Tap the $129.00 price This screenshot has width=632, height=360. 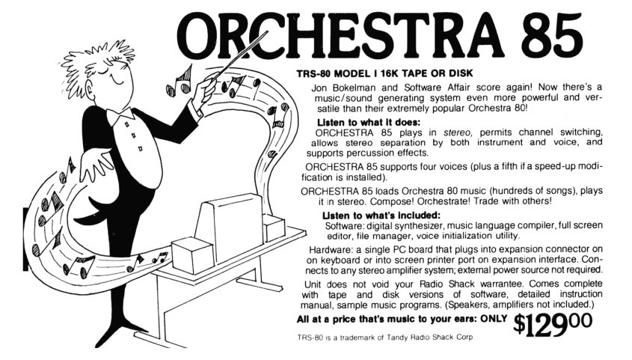click(x=553, y=324)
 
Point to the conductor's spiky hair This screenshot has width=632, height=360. click(x=99, y=61)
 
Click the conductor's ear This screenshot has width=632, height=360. click(x=89, y=88)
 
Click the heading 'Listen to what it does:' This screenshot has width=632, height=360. click(x=369, y=122)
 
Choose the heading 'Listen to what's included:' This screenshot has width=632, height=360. click(x=381, y=215)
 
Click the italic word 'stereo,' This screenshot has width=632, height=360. click(x=458, y=132)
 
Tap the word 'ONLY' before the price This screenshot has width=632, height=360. click(x=494, y=318)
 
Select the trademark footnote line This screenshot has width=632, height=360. click(x=385, y=337)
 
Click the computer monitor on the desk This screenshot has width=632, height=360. click(x=229, y=227)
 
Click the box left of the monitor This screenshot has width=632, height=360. click(x=193, y=255)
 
